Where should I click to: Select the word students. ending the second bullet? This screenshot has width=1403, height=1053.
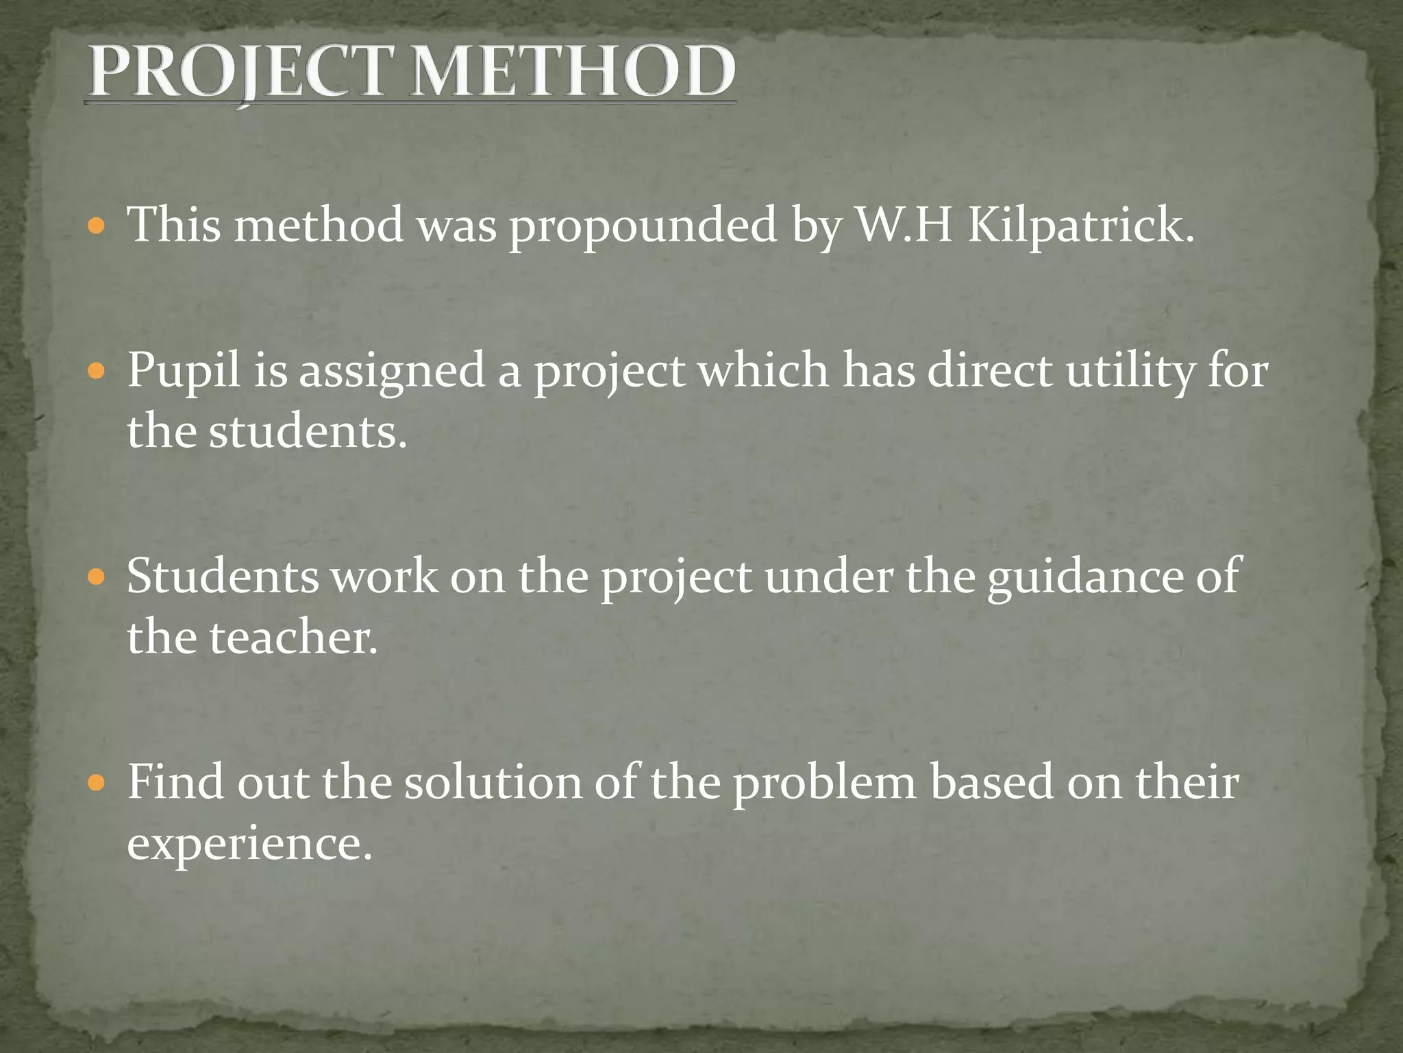[x=308, y=432]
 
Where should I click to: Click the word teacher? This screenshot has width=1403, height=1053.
[x=293, y=638]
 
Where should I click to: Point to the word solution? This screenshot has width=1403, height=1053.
[x=493, y=782]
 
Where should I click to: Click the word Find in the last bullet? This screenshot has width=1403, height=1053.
[x=175, y=781]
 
